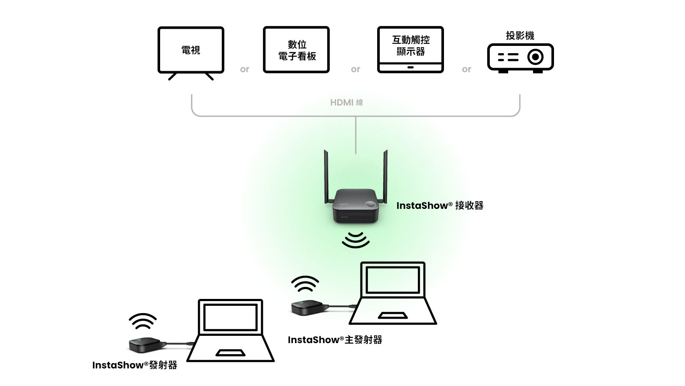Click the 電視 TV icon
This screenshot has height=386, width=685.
191,51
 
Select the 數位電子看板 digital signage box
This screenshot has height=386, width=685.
296,50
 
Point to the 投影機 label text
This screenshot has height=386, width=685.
520,36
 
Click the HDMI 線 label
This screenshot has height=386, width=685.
346,103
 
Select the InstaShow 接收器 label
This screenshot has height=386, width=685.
440,205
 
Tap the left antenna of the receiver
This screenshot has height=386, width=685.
326,176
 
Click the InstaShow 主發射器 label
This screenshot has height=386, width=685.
335,340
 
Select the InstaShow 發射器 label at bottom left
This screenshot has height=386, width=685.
134,365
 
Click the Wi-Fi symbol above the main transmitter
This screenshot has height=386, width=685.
305,284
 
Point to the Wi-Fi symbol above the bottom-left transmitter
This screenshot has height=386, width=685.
143,321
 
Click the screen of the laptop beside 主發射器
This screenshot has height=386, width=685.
393,280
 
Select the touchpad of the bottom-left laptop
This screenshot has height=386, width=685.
230,353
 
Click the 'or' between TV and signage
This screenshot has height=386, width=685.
244,69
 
